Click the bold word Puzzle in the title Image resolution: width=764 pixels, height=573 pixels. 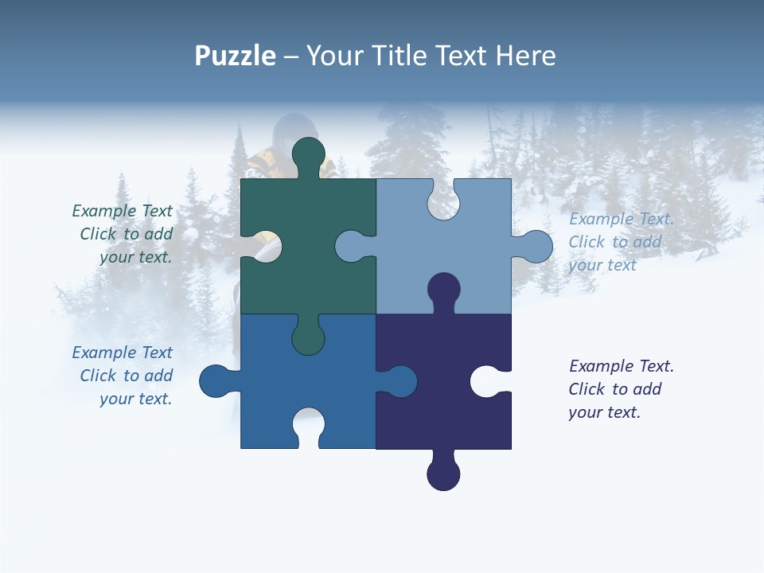pos(236,56)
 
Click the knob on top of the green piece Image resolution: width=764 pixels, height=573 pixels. pos(309,155)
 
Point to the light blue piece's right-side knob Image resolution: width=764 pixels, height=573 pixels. pos(535,247)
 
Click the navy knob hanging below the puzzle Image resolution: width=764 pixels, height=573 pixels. pos(443,474)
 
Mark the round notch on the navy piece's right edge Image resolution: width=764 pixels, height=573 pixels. pos(487,381)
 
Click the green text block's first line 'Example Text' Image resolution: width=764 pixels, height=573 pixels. pos(123,211)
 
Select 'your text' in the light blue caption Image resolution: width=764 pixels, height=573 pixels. pos(602,265)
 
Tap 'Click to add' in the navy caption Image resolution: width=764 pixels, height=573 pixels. pos(615,389)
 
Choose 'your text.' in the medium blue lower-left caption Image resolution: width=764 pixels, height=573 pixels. pos(136,399)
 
